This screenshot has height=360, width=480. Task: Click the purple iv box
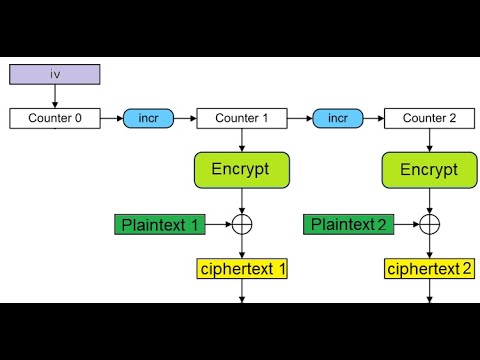click(x=55, y=74)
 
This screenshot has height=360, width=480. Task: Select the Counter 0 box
click(x=55, y=118)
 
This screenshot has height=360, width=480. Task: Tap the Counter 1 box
click(x=241, y=118)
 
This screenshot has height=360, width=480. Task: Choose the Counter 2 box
click(x=429, y=118)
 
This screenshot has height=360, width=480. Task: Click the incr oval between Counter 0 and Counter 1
click(x=148, y=118)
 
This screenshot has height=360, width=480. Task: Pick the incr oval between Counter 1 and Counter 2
click(x=337, y=118)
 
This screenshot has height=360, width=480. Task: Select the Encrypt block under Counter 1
click(x=241, y=170)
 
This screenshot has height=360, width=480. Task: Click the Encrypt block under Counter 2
click(x=429, y=170)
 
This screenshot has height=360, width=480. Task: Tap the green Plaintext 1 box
click(x=161, y=224)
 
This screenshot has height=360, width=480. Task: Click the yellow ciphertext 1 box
click(x=241, y=268)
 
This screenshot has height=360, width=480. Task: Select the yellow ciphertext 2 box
click(x=429, y=268)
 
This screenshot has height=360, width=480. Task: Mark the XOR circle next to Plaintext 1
click(x=241, y=224)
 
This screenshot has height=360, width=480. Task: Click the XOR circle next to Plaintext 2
click(x=429, y=224)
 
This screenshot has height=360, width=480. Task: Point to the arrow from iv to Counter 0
click(x=55, y=96)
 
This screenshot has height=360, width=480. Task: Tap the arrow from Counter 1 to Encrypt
click(x=241, y=140)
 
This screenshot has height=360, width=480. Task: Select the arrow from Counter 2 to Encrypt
click(x=429, y=140)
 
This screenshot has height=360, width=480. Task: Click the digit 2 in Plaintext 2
click(x=381, y=224)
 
